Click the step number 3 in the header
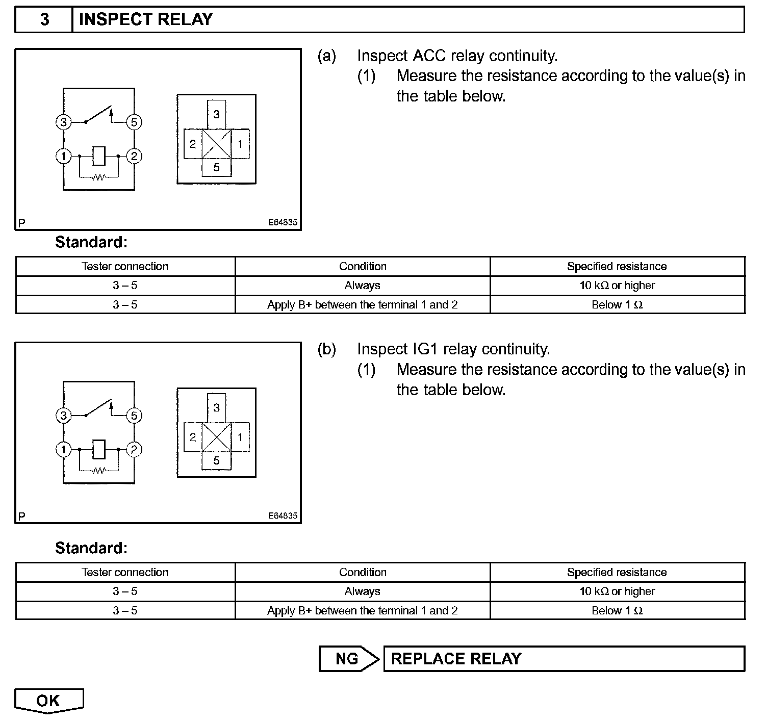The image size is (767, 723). pyautogui.click(x=44, y=20)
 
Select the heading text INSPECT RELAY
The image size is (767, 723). pyautogui.click(x=146, y=20)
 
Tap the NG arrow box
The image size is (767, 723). pyautogui.click(x=348, y=659)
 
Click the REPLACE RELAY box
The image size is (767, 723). pyautogui.click(x=564, y=659)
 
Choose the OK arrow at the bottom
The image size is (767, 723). pyautogui.click(x=48, y=701)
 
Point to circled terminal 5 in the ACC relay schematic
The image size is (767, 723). pyautogui.click(x=134, y=122)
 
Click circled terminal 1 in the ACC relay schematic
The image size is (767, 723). pyautogui.click(x=63, y=156)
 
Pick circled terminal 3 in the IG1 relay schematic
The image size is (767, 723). pyautogui.click(x=63, y=416)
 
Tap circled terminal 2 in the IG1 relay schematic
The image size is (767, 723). pyautogui.click(x=134, y=450)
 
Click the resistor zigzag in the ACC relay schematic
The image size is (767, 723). pyautogui.click(x=98, y=177)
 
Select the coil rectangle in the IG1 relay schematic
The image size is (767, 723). pyautogui.click(x=99, y=450)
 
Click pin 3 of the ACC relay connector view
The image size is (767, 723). pyautogui.click(x=217, y=114)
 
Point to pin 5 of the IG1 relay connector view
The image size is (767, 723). pyautogui.click(x=217, y=460)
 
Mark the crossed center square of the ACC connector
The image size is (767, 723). pyautogui.click(x=217, y=144)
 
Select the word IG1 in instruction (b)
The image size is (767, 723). pyautogui.click(x=424, y=349)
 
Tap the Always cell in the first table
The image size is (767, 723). pyautogui.click(x=363, y=286)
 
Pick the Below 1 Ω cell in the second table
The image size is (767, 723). pyautogui.click(x=617, y=611)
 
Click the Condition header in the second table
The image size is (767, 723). pyautogui.click(x=363, y=572)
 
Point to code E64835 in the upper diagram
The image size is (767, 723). pyautogui.click(x=283, y=223)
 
